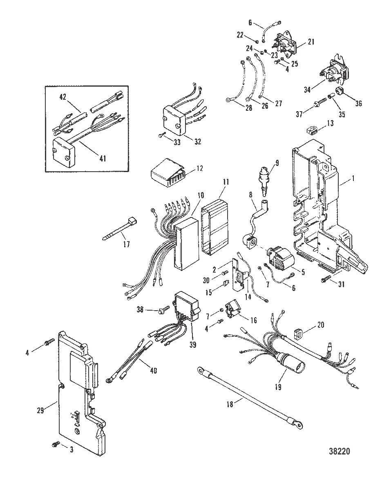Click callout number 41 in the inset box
(102, 158)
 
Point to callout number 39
(192, 344)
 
